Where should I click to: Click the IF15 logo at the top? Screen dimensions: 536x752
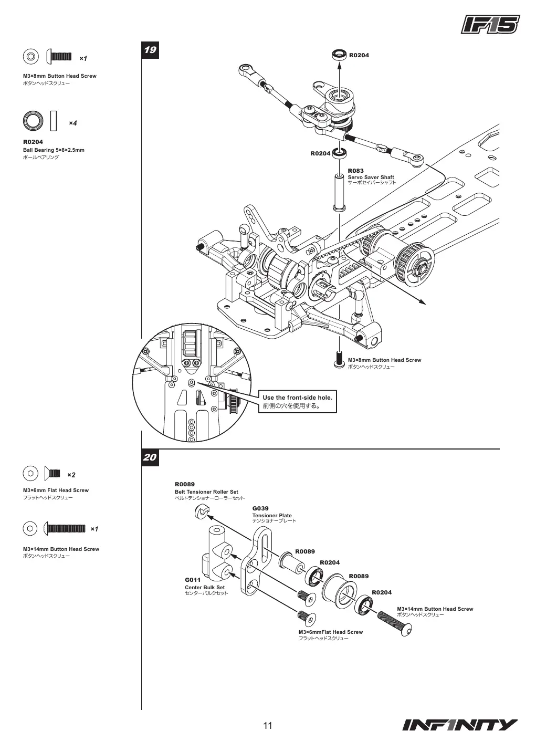pyautogui.click(x=490, y=25)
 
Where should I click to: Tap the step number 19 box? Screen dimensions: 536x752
pyautogui.click(x=150, y=50)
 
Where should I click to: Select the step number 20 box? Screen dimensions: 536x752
pyautogui.click(x=150, y=457)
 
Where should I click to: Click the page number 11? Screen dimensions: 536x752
pyautogui.click(x=268, y=726)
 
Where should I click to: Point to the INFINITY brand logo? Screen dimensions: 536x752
pyautogui.click(x=460, y=725)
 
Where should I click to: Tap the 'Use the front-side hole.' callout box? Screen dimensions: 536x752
pyautogui.click(x=297, y=402)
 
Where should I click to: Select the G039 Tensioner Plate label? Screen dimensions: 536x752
pyautogui.click(x=274, y=514)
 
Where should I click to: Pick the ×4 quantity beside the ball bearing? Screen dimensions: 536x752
pyautogui.click(x=73, y=123)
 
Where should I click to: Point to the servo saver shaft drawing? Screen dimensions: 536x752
pyautogui.click(x=339, y=193)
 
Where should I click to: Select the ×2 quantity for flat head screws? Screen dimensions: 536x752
pyautogui.click(x=71, y=475)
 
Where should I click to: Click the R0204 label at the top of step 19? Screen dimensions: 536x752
pyautogui.click(x=359, y=55)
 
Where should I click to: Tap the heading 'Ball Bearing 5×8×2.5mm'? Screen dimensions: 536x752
pyautogui.click(x=54, y=150)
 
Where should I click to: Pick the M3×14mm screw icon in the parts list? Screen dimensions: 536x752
pyautogui.click(x=65, y=529)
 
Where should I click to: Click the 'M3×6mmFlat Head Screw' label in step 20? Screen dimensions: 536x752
pyautogui.click(x=331, y=632)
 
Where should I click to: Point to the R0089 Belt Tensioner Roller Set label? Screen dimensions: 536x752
pyautogui.click(x=209, y=490)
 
